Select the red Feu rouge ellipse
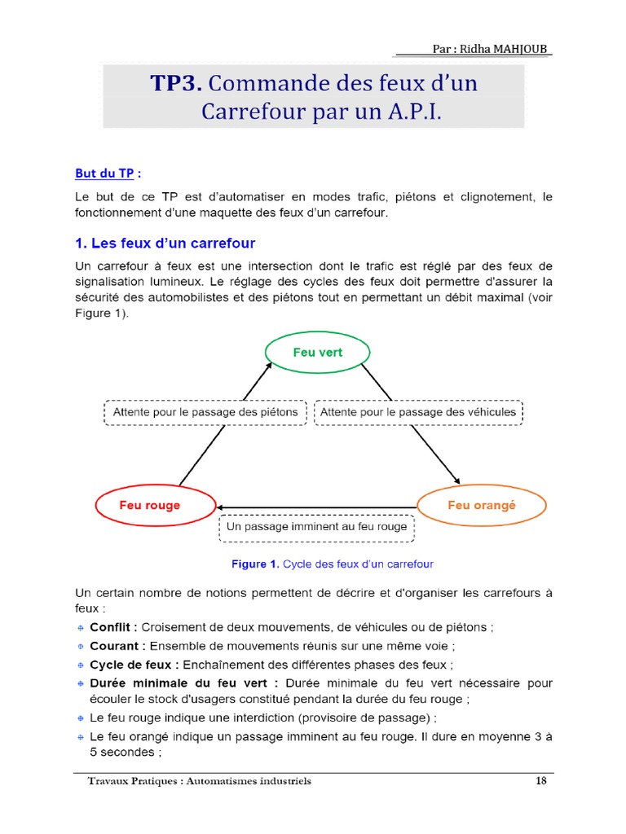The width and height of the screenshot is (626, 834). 150,505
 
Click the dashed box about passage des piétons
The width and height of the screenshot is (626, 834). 205,412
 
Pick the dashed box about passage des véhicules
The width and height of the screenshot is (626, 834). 418,412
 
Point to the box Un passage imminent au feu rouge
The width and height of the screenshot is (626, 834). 317,527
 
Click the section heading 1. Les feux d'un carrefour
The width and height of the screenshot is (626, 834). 165,244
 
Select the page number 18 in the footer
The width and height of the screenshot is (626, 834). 541,781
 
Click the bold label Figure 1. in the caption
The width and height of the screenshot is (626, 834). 256,564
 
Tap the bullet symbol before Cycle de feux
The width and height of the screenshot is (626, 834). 80,665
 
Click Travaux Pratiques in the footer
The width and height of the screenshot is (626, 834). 134,781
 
